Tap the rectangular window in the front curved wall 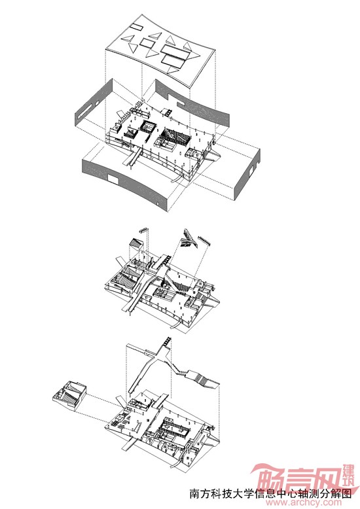click(113, 179)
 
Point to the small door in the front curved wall click(158, 204)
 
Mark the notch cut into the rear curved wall click(181, 103)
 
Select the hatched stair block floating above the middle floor click(135, 243)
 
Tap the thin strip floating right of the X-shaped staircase click(204, 241)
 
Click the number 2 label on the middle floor click(143, 256)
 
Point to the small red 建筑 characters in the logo click(349, 472)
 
